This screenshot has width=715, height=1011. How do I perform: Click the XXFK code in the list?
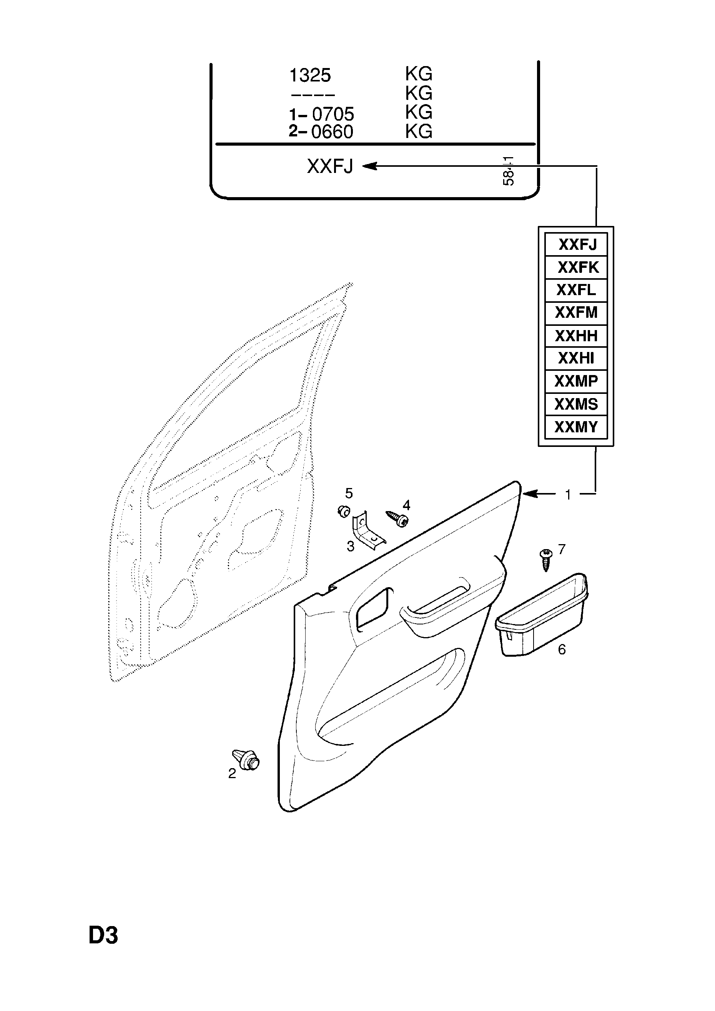tap(578, 267)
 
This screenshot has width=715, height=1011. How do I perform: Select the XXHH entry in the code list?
tap(576, 336)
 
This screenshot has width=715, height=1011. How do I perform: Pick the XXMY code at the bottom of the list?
tap(576, 427)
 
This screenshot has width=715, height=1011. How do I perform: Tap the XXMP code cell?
tap(576, 381)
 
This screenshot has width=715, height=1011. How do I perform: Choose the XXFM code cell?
tap(576, 313)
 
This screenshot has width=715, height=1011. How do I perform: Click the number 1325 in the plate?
tap(310, 76)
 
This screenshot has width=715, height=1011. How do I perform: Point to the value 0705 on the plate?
tap(333, 115)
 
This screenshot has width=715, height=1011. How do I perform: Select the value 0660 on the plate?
tap(332, 132)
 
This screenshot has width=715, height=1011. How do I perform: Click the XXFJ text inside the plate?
tap(330, 167)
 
